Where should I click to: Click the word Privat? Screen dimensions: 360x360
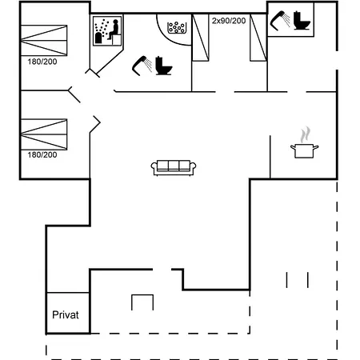(x=66, y=315)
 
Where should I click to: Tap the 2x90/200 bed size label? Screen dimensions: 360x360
(x=229, y=21)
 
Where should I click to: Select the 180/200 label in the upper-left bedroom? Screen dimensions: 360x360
(x=42, y=62)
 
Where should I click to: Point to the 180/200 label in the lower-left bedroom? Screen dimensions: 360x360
(x=42, y=154)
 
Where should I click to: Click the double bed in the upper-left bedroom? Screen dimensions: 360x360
(x=44, y=40)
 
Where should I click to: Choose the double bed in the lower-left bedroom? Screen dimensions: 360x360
(x=44, y=134)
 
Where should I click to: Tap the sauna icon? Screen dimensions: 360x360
(x=107, y=31)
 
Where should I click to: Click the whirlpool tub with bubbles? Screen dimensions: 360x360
(x=177, y=28)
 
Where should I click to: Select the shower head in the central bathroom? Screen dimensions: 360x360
(x=142, y=66)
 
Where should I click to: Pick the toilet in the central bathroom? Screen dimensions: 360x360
(x=164, y=66)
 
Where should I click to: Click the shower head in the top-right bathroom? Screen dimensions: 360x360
(x=280, y=21)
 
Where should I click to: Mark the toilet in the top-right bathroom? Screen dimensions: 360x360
(x=302, y=20)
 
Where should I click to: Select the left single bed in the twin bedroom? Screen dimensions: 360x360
(x=201, y=38)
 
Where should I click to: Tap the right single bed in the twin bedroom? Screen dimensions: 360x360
(x=258, y=38)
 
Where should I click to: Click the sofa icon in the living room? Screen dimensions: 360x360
(x=174, y=168)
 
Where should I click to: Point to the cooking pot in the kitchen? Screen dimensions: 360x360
(x=305, y=150)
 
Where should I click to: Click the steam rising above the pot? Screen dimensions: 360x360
(x=305, y=134)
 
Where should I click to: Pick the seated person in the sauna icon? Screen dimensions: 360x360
(x=114, y=30)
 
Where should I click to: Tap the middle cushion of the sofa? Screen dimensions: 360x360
(x=174, y=166)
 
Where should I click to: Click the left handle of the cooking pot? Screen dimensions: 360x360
(x=293, y=147)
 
